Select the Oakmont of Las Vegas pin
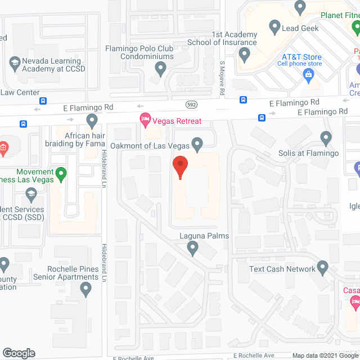[x=197, y=145]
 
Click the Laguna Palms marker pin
[x=193, y=247]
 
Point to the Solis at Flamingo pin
[x=326, y=138]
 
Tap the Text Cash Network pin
[x=322, y=267]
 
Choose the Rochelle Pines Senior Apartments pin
[x=85, y=289]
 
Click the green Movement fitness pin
[x=62, y=174]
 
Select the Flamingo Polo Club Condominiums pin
[x=160, y=69]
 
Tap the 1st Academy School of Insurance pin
[x=244, y=55]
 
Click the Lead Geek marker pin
[x=275, y=26]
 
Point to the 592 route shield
[x=192, y=104]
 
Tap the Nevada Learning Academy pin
[x=15, y=61]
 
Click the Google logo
[x=19, y=353]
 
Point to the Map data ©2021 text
[x=315, y=355]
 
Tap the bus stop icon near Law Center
[x=43, y=101]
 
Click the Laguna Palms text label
[x=204, y=236]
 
